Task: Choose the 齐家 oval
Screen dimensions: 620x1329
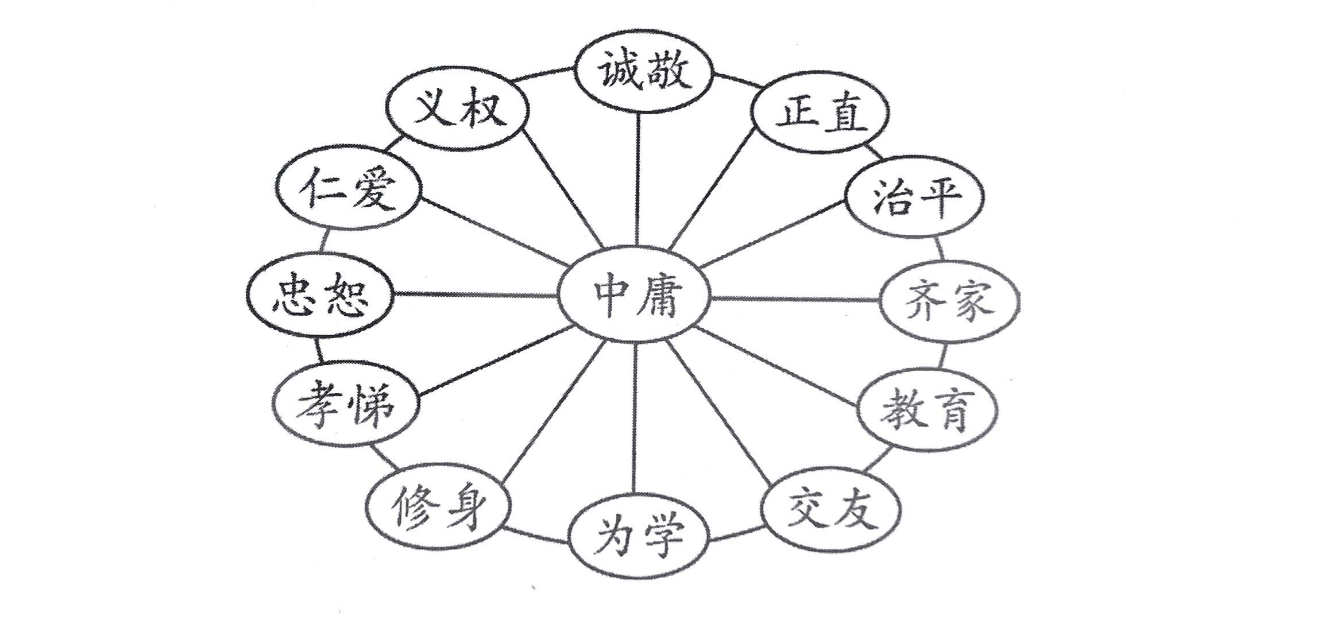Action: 950,300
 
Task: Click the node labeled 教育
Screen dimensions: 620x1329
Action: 927,409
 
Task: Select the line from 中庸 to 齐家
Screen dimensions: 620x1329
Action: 795,299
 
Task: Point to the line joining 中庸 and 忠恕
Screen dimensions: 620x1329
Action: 477,294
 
